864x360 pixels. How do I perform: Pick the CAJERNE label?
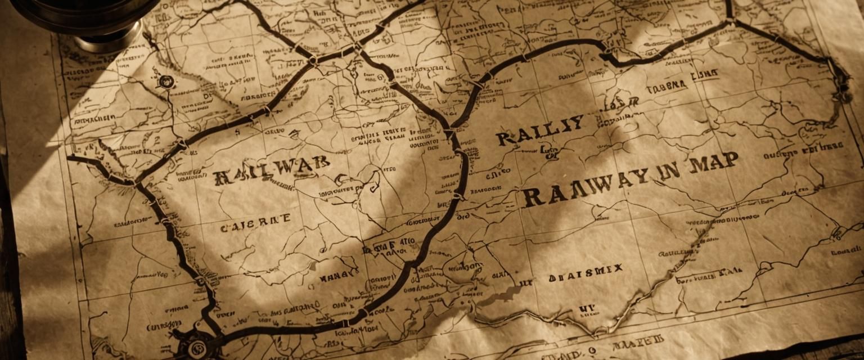tap(255, 221)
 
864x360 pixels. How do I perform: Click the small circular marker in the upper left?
tap(166, 82)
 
